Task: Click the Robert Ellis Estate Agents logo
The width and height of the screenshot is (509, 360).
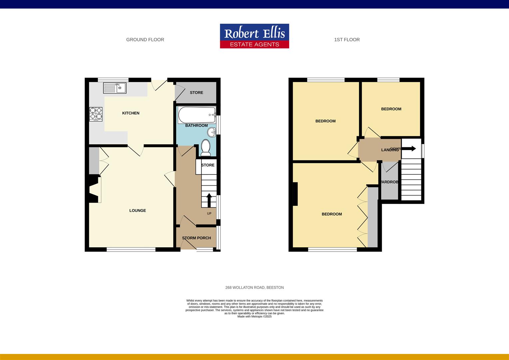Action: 254,36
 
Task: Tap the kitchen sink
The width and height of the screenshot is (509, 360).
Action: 115,88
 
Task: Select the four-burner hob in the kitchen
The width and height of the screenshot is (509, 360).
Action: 96,114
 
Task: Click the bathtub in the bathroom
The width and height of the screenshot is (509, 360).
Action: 197,115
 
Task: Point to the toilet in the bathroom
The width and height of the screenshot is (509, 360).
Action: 205,148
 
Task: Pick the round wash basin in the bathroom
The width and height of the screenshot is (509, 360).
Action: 212,133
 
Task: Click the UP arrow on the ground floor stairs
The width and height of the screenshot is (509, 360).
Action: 209,200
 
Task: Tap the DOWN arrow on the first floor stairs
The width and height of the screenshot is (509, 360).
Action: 409,149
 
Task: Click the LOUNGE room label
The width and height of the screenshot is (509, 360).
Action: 138,211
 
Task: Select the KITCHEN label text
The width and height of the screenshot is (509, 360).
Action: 131,113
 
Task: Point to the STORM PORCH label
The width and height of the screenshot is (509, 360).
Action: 197,238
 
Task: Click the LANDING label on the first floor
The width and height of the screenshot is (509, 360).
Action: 390,150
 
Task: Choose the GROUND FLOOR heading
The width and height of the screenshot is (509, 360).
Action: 145,40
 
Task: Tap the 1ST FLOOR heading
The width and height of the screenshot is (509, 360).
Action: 347,40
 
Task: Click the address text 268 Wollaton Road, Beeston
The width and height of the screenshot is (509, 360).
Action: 254,287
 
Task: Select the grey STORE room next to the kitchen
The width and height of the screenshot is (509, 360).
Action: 197,93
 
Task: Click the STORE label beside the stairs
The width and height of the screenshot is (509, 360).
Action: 208,165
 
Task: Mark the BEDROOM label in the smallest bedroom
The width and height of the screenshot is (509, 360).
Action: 391,109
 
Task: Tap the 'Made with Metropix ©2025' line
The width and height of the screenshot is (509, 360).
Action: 254,317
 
